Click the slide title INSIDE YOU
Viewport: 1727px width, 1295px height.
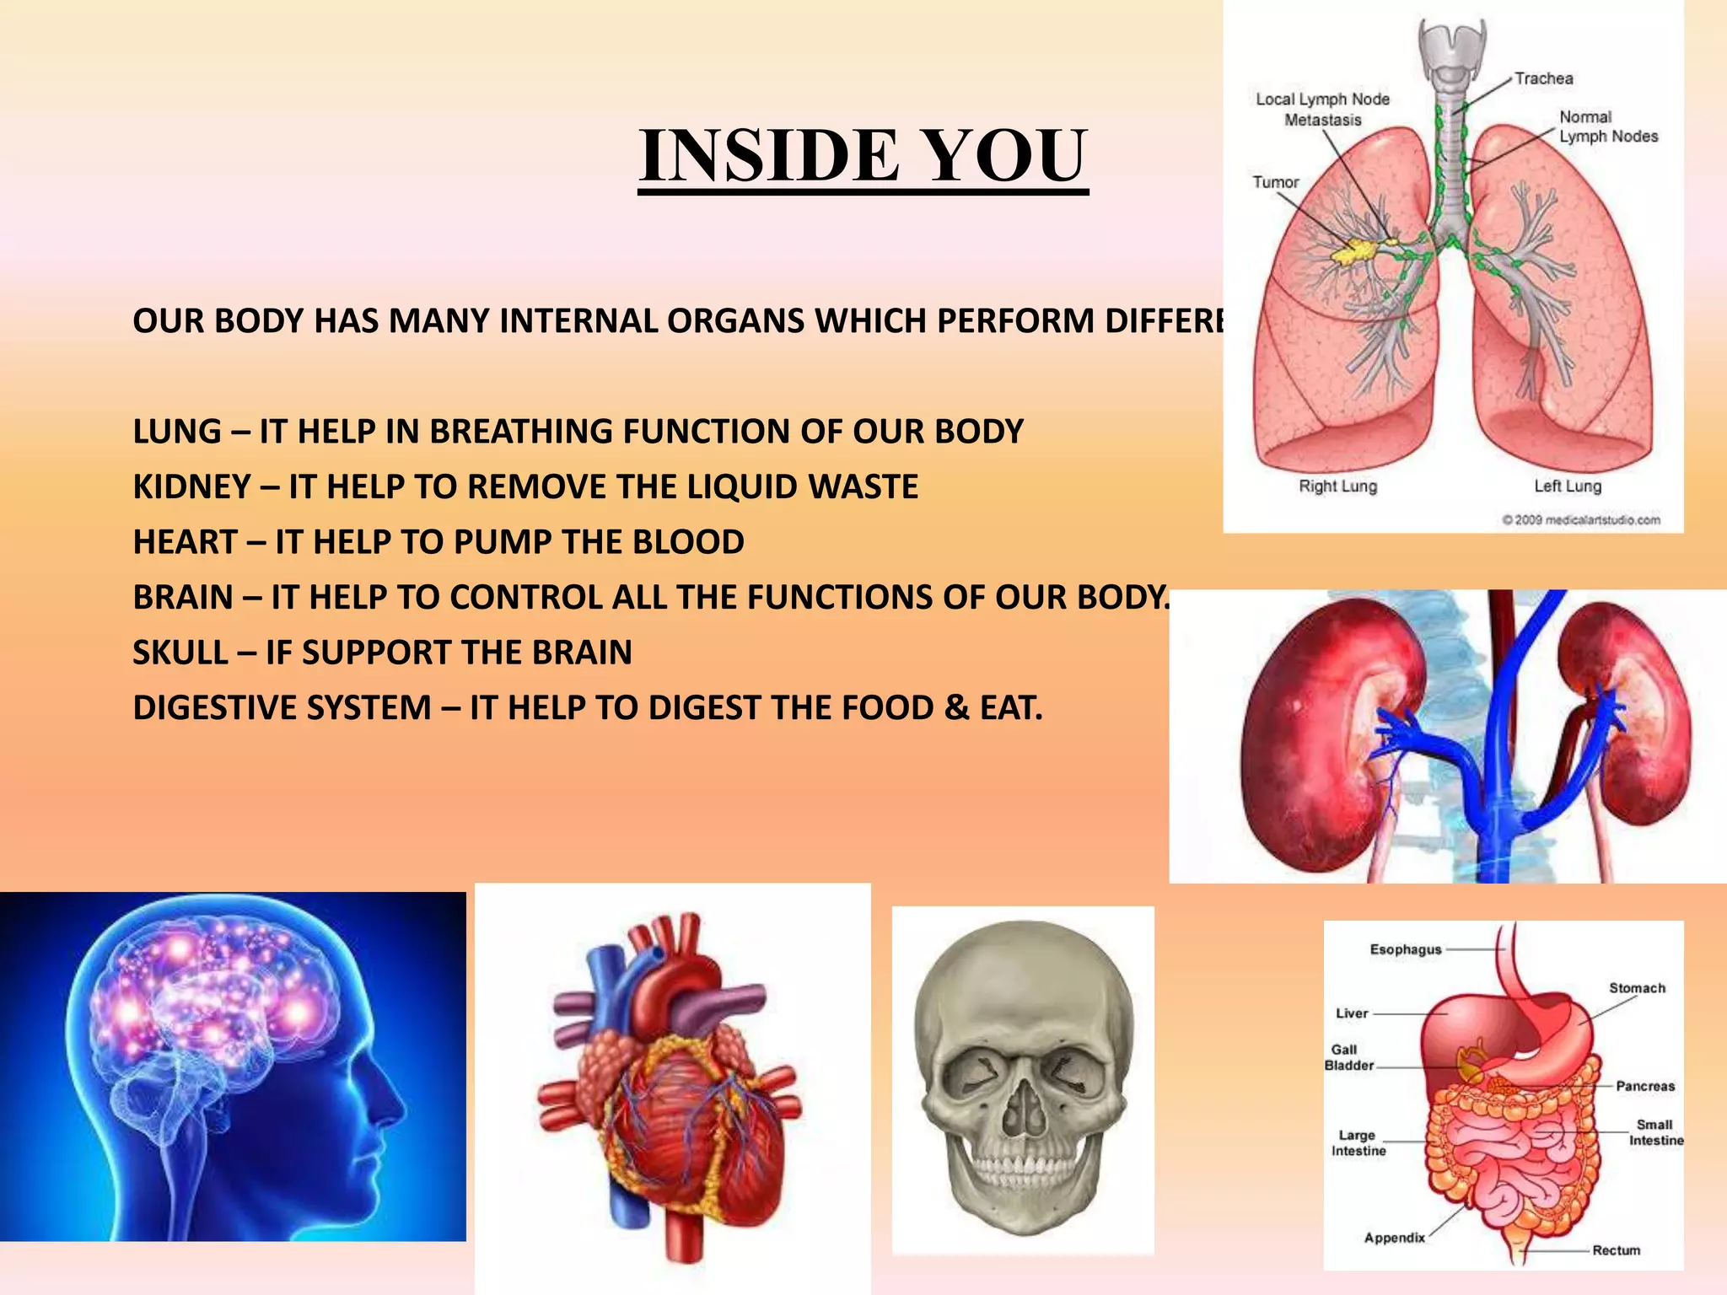pyautogui.click(x=863, y=156)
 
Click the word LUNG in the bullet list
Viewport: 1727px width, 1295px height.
pyautogui.click(x=176, y=432)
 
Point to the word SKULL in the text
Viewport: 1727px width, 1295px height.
pyautogui.click(x=180, y=653)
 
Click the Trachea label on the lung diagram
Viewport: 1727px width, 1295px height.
pyautogui.click(x=1543, y=78)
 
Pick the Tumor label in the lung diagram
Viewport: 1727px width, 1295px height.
pyautogui.click(x=1275, y=182)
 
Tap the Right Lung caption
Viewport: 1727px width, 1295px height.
pyautogui.click(x=1337, y=486)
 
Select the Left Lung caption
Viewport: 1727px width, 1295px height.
pyautogui.click(x=1567, y=486)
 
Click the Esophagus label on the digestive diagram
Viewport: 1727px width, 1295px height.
pyautogui.click(x=1406, y=949)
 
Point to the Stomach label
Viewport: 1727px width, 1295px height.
pyautogui.click(x=1637, y=988)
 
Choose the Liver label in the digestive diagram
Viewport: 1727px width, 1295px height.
pyautogui.click(x=1352, y=1013)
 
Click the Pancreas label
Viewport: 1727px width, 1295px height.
pyautogui.click(x=1644, y=1086)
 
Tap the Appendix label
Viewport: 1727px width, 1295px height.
pyautogui.click(x=1394, y=1238)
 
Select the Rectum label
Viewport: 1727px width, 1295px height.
pyautogui.click(x=1616, y=1250)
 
